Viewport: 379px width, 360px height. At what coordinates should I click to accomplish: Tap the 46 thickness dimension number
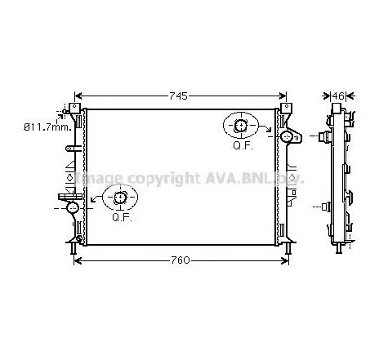pyautogui.click(x=338, y=96)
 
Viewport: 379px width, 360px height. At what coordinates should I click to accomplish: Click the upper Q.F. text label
pyautogui.click(x=241, y=146)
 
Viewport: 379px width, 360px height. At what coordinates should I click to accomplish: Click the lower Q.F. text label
pyautogui.click(x=121, y=218)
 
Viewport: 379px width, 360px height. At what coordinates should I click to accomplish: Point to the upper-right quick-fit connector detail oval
pyautogui.click(x=241, y=126)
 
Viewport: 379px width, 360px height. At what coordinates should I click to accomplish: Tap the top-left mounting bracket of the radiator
pyautogui.click(x=75, y=109)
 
